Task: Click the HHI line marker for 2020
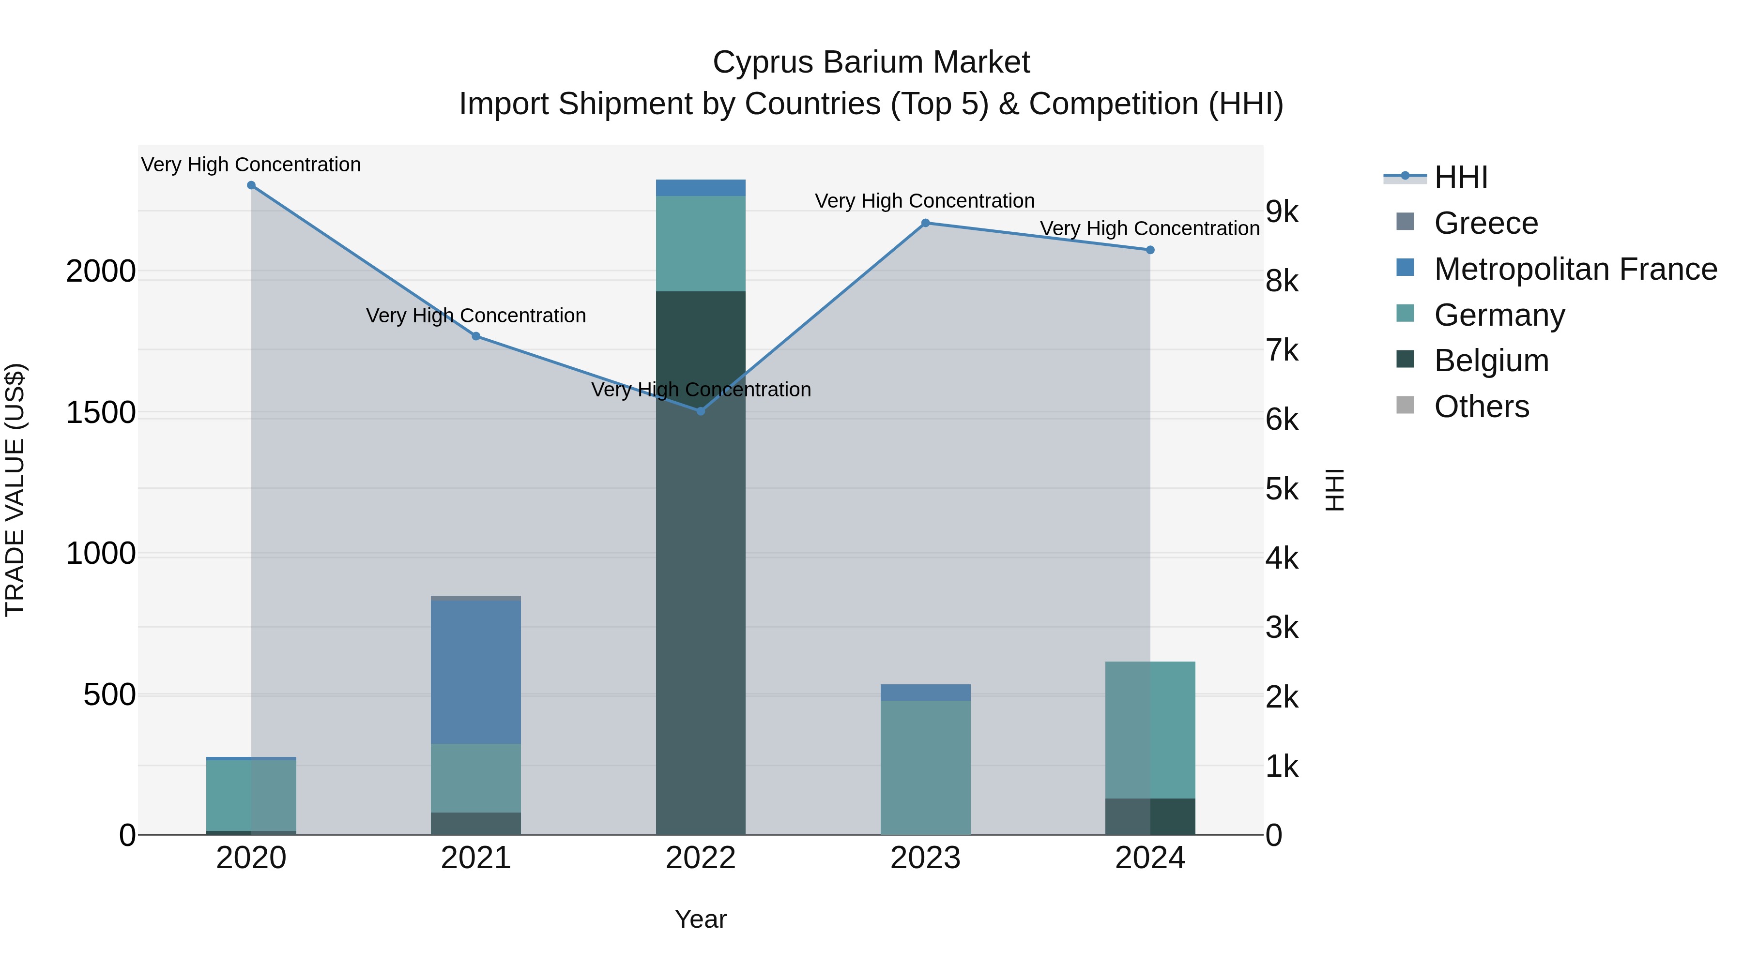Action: [x=251, y=185]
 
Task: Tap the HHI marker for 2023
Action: [x=926, y=223]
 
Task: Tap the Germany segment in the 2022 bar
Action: [x=701, y=243]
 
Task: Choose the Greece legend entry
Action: [x=1485, y=223]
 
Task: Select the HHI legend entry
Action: [x=1460, y=177]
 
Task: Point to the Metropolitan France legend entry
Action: [x=1575, y=269]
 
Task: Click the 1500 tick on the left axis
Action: [x=101, y=412]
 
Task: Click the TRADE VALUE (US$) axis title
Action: [x=15, y=490]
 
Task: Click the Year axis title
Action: [x=700, y=919]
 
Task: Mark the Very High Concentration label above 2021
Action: [x=475, y=316]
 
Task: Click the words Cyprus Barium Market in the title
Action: [x=871, y=62]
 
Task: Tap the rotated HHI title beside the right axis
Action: [x=1334, y=490]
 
